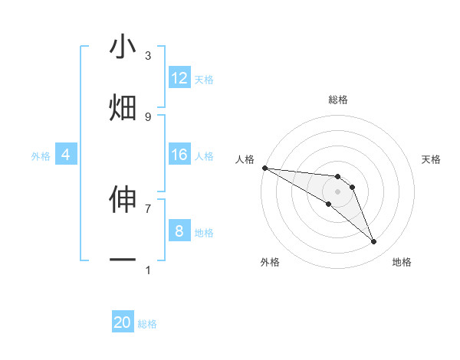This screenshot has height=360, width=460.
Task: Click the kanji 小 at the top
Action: [123, 47]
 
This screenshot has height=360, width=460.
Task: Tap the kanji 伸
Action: [123, 199]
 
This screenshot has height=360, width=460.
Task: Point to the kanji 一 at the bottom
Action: [123, 260]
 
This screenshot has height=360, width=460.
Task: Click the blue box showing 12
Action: [179, 78]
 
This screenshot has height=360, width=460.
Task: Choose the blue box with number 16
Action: [179, 155]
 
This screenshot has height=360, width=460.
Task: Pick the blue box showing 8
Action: [179, 231]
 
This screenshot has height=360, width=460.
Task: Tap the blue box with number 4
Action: [65, 155]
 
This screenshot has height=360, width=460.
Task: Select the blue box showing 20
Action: [123, 322]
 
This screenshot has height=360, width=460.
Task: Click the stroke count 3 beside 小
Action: [148, 56]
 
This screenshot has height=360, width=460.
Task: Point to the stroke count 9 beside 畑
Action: [148, 116]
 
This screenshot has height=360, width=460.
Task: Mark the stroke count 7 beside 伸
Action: [148, 208]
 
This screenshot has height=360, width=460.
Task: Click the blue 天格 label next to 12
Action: [204, 79]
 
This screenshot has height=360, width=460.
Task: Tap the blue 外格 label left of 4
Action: [41, 155]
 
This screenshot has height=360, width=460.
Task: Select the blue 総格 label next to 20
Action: [147, 324]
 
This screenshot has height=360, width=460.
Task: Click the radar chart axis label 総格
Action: [338, 100]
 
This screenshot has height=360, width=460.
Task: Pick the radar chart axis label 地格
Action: [402, 262]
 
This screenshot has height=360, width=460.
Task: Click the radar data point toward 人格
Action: [264, 168]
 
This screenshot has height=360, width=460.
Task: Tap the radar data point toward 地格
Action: [373, 242]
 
